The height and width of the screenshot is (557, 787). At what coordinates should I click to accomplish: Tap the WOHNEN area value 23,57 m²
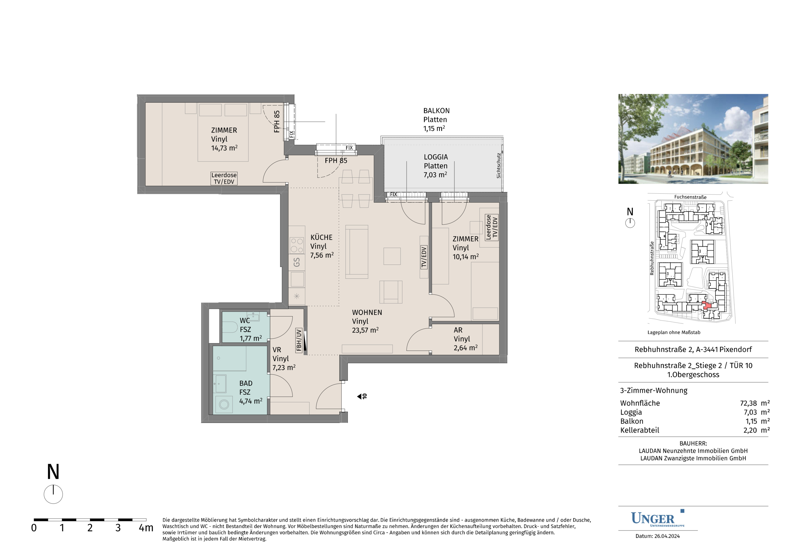click(365, 330)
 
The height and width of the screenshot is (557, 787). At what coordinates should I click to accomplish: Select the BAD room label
click(246, 383)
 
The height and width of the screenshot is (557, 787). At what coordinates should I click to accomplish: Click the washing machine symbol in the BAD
click(224, 405)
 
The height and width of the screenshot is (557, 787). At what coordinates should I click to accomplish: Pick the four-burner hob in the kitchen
click(297, 245)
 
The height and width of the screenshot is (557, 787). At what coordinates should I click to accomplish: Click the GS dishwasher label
click(297, 263)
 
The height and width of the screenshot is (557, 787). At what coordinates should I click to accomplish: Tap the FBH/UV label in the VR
click(299, 340)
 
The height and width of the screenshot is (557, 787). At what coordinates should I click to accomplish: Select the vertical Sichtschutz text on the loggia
click(499, 166)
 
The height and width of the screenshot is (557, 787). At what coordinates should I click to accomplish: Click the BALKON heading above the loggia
click(436, 111)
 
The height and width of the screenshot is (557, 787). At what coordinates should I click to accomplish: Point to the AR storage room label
click(458, 330)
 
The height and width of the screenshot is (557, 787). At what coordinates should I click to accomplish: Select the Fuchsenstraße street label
click(690, 197)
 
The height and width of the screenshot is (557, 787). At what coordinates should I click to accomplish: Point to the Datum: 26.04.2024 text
click(657, 536)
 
